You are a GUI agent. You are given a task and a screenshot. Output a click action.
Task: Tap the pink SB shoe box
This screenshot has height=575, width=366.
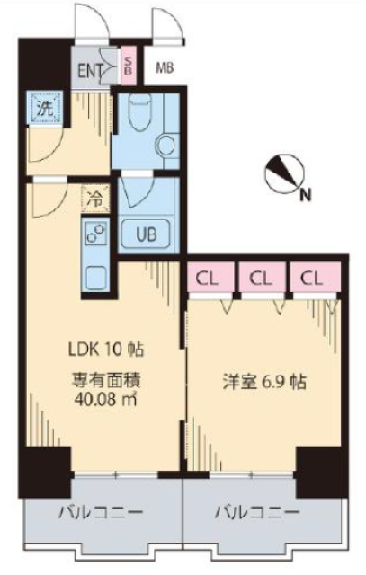[x=128, y=66]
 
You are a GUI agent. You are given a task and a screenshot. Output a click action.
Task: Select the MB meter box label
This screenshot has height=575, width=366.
[x=165, y=67]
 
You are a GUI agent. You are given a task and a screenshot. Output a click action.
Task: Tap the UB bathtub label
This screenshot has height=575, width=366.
[x=147, y=236]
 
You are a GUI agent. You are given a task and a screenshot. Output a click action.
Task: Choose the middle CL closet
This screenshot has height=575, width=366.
[x=262, y=278]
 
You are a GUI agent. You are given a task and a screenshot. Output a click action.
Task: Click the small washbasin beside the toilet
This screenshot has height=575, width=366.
[x=165, y=144]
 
